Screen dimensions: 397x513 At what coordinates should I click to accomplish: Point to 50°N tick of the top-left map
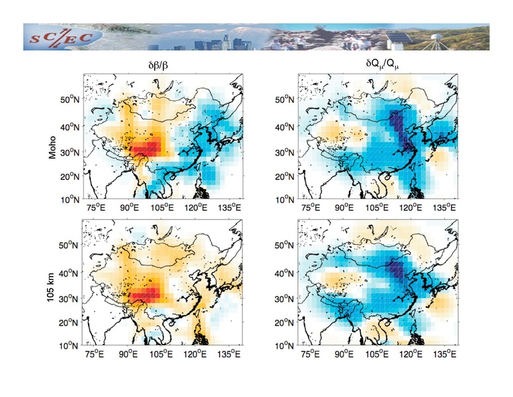click(x=69, y=100)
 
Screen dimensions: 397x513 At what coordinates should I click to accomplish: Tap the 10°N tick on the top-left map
click(x=69, y=199)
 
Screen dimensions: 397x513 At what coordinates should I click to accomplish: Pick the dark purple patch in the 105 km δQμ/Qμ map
click(x=397, y=269)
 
